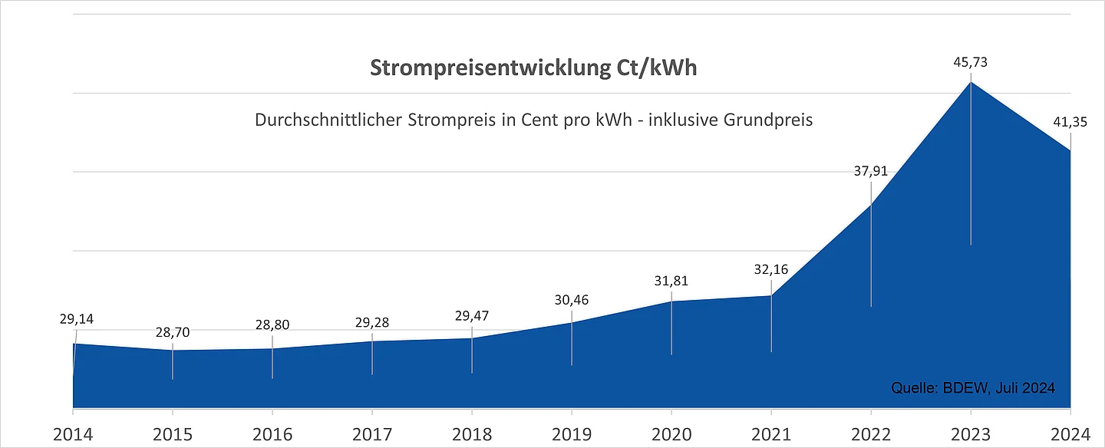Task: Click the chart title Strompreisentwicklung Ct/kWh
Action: point(533,68)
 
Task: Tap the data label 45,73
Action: point(971,63)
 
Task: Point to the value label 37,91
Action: point(871,171)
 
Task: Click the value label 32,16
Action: point(771,270)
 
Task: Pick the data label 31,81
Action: point(671,281)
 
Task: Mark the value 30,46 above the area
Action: point(572,300)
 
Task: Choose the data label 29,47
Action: point(472,316)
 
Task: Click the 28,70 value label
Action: point(172,332)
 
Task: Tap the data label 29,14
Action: point(76,318)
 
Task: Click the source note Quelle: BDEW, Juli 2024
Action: point(973,388)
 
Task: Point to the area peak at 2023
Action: point(971,82)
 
